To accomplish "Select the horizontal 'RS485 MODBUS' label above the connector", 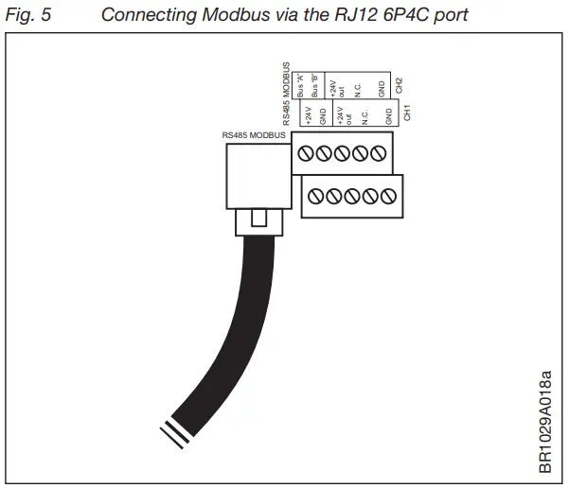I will coord(253,135).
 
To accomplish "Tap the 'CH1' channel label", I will coord(406,113).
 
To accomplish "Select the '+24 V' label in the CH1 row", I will coord(309,114).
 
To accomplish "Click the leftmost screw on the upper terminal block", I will coord(306,154).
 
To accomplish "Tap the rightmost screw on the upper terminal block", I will coord(378,154).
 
